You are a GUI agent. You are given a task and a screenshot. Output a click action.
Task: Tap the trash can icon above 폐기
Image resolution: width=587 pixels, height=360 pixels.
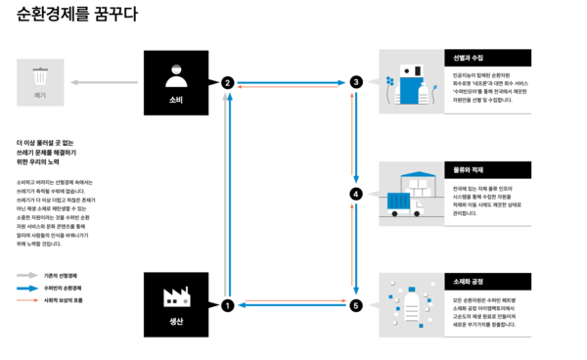39,74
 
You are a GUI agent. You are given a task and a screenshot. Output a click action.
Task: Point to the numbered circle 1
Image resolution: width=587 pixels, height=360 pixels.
227,305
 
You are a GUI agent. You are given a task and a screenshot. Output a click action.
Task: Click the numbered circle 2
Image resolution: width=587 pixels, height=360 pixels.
227,83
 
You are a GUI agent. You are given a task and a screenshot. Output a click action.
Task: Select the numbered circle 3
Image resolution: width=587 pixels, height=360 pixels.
356,83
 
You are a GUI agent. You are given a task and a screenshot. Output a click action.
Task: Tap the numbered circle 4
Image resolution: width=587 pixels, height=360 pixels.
356,194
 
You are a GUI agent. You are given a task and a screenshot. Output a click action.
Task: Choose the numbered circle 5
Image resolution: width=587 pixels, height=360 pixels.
356,305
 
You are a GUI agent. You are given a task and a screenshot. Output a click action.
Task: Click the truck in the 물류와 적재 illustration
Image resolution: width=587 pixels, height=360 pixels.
401,202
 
